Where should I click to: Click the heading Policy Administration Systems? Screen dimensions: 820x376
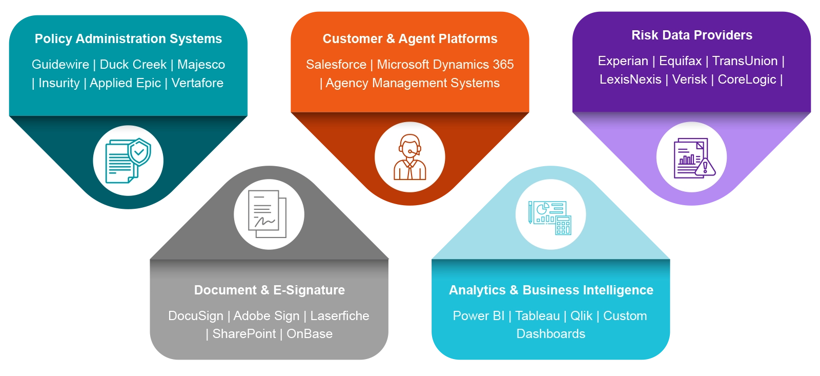tap(128, 39)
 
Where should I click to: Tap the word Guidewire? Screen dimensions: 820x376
tap(60, 65)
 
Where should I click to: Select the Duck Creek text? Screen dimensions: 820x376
tap(133, 65)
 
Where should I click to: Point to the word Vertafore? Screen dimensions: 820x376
tap(197, 83)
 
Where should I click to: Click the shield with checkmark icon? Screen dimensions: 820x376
tap(139, 151)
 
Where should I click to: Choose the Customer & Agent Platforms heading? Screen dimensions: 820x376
tap(410, 39)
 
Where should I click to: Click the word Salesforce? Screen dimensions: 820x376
tap(336, 65)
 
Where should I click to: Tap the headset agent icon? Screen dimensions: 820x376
tap(409, 157)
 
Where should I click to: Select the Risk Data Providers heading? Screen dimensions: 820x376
tap(692, 35)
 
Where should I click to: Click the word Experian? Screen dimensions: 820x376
tap(623, 61)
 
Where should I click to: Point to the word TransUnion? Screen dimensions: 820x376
tap(745, 61)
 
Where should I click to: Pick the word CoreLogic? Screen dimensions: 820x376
tap(747, 80)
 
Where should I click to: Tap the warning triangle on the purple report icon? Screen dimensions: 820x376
tap(705, 167)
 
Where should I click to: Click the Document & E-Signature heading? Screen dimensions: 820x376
tap(270, 290)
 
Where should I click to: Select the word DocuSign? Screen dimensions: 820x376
tap(195, 316)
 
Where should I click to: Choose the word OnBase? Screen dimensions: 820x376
tap(310, 334)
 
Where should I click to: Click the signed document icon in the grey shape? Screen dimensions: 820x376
tap(267, 214)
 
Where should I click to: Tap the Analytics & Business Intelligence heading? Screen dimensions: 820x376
tap(551, 290)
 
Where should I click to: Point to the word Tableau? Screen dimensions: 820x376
tap(538, 316)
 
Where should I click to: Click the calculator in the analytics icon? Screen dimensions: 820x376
tap(563, 225)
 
